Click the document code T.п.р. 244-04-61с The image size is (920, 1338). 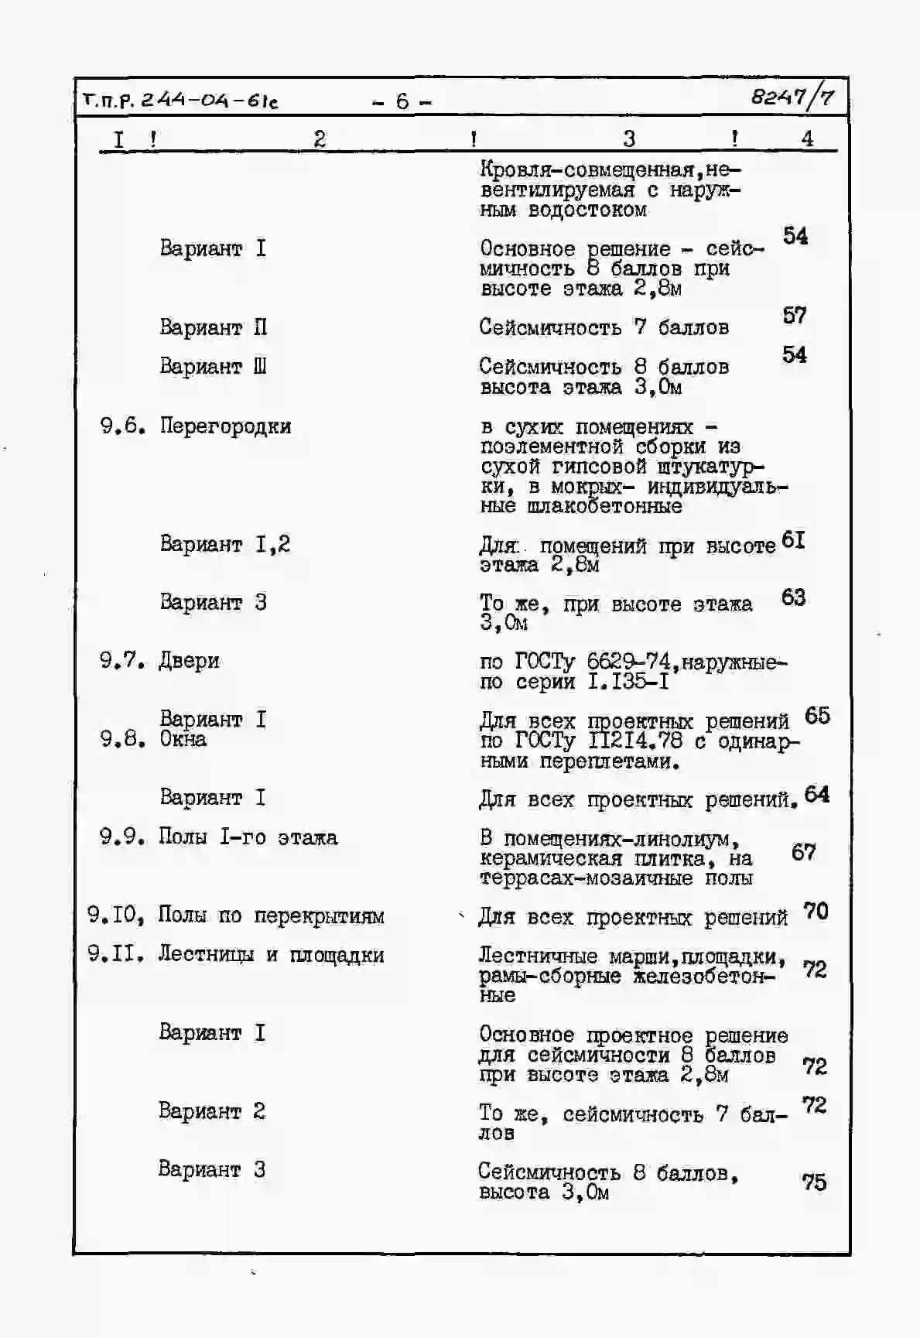click(x=180, y=101)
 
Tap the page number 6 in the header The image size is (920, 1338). click(x=402, y=101)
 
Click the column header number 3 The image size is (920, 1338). click(x=628, y=139)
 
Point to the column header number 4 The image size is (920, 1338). click(x=807, y=139)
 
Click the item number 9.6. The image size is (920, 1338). click(x=122, y=426)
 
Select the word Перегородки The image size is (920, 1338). click(x=225, y=426)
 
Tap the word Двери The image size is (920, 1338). click(x=189, y=661)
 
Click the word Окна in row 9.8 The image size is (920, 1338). click(x=183, y=739)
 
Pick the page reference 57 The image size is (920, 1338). click(x=795, y=316)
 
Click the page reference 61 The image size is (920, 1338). click(x=794, y=540)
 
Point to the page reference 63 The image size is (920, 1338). click(x=794, y=597)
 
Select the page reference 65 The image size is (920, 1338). click(x=817, y=716)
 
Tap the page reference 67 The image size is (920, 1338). click(x=804, y=852)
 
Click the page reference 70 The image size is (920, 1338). click(x=816, y=911)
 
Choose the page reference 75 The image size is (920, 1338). click(x=814, y=1182)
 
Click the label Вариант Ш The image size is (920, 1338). click(x=213, y=365)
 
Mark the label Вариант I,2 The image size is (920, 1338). click(x=224, y=544)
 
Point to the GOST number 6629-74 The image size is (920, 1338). click(x=628, y=662)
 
